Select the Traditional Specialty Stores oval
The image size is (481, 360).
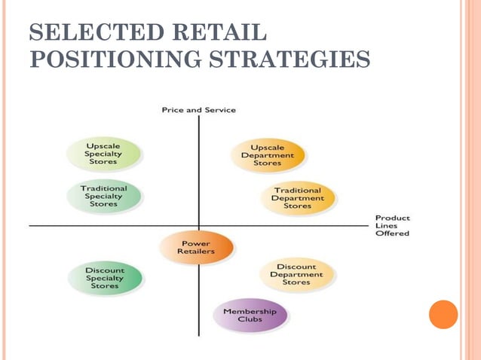tap(104, 196)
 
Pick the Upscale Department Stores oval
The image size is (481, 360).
tap(268, 155)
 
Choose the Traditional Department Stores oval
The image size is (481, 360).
tap(298, 198)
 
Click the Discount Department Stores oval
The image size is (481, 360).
tap(296, 275)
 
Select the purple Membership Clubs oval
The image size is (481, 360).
tap(250, 315)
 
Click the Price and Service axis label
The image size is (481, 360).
tap(198, 110)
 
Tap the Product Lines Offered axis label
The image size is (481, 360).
tap(392, 226)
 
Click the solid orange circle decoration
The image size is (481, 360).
tap(443, 315)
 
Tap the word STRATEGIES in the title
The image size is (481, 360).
tap(284, 58)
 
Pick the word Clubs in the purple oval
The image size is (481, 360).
tap(250, 319)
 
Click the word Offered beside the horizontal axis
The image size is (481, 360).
tap(392, 233)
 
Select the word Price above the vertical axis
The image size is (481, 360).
tap(173, 110)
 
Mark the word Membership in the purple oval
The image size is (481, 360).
tap(250, 311)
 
